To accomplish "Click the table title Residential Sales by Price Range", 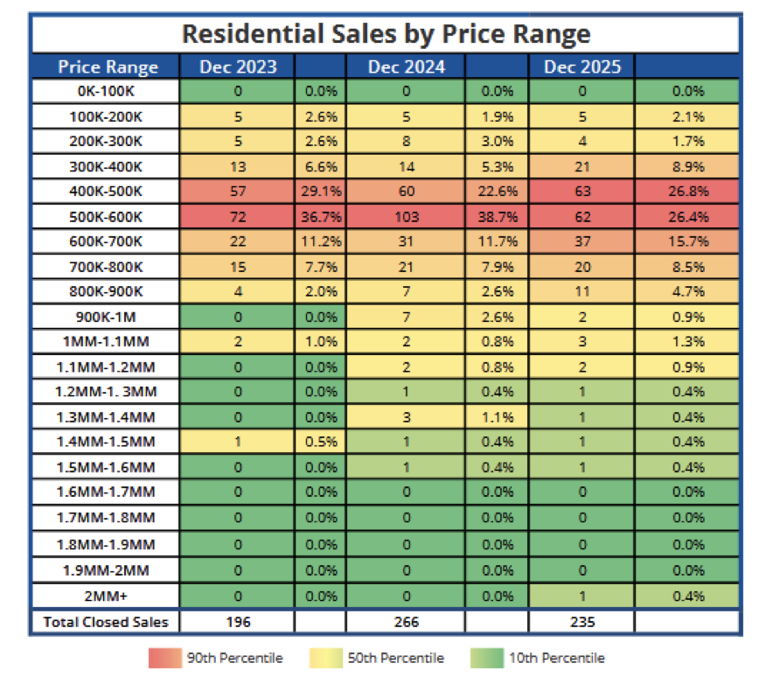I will click(x=386, y=34).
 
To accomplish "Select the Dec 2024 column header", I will click(x=406, y=66).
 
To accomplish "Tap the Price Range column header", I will click(x=108, y=66).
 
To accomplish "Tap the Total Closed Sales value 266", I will click(x=406, y=622).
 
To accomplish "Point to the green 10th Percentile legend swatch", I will click(x=491, y=658).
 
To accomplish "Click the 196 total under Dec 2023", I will click(x=238, y=622).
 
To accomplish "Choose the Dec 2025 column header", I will click(x=581, y=66).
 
